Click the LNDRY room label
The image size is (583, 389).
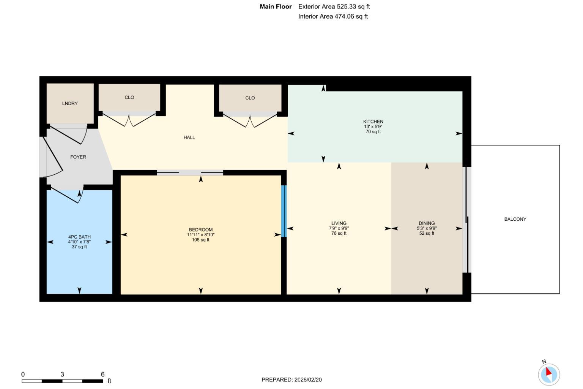click(x=70, y=103)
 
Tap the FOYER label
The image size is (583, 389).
click(x=78, y=157)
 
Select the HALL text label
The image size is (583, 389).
click(x=189, y=138)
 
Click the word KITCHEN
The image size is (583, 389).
click(x=373, y=122)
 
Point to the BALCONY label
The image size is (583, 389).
click(x=515, y=219)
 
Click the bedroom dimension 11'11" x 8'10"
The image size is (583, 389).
click(x=200, y=235)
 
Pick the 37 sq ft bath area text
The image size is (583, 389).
click(x=79, y=247)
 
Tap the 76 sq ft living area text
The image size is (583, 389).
click(x=339, y=233)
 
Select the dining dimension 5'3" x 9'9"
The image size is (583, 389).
click(x=427, y=228)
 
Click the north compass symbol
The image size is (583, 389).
click(x=549, y=374)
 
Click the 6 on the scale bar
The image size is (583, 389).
click(x=102, y=374)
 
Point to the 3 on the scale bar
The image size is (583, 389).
click(x=62, y=374)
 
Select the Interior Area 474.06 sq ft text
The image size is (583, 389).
click(x=333, y=16)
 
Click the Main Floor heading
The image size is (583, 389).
click(x=276, y=6)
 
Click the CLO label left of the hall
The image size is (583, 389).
click(x=129, y=97)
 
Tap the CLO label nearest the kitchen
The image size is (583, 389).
click(x=250, y=98)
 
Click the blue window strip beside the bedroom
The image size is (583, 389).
click(x=284, y=211)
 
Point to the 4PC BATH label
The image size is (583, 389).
click(x=79, y=237)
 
